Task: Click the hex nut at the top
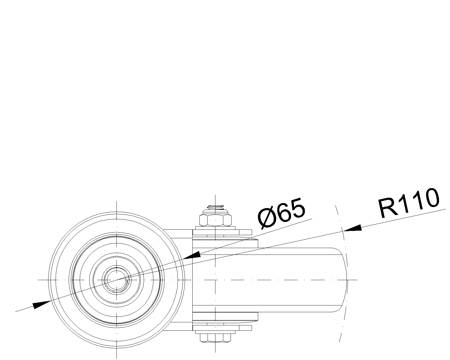[215, 220]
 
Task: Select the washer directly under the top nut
[215, 228]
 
